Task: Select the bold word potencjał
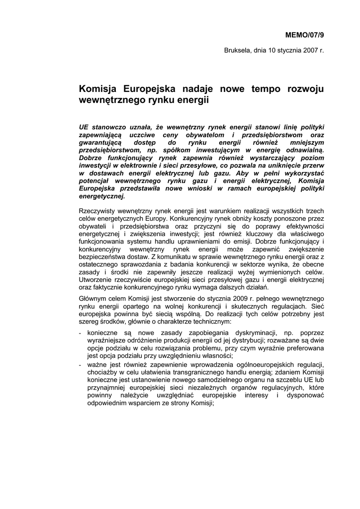click(x=98, y=181)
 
